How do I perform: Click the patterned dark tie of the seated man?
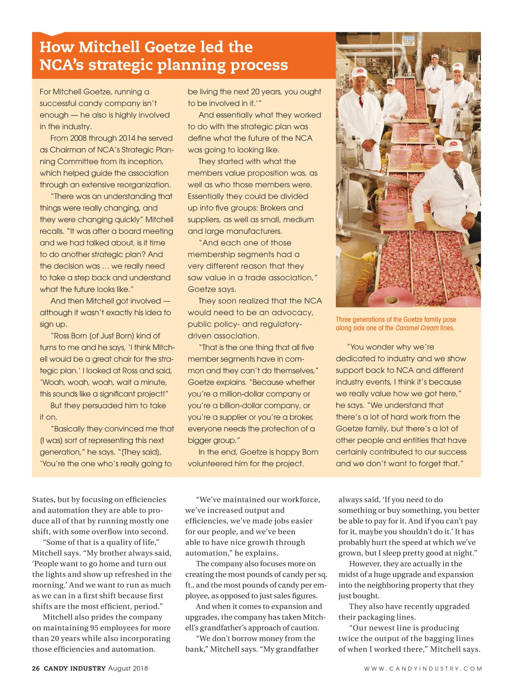click(x=458, y=178)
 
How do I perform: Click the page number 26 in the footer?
click(x=36, y=668)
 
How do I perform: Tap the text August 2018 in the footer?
click(x=128, y=668)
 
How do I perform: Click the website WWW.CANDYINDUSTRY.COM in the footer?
click(x=423, y=668)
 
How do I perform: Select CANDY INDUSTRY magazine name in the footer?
click(x=74, y=668)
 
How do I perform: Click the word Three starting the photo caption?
click(x=343, y=320)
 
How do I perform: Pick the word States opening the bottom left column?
click(x=43, y=499)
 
